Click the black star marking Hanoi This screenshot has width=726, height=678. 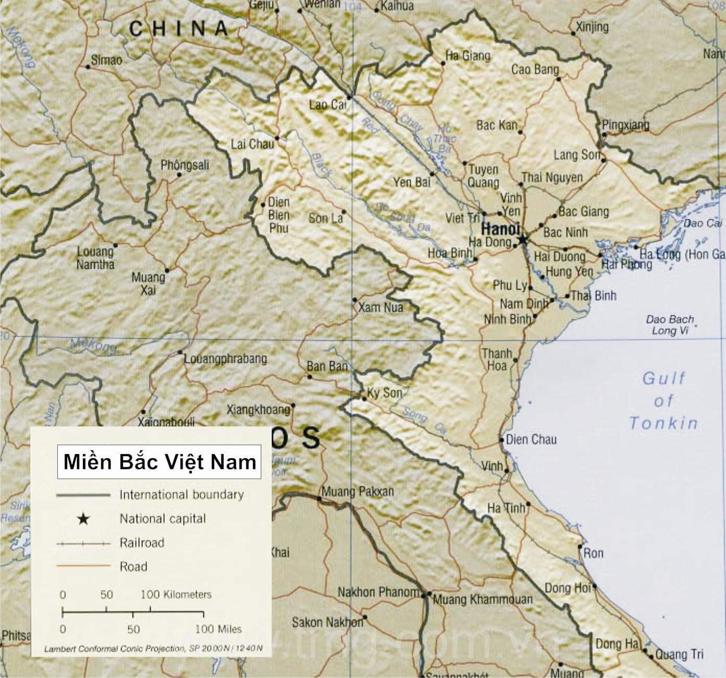[x=523, y=240]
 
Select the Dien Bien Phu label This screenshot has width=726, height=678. [x=279, y=215]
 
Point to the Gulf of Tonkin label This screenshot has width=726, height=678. [x=663, y=400]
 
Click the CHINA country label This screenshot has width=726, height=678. [x=178, y=28]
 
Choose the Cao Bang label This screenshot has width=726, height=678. [x=535, y=69]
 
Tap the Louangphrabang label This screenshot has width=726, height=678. [x=225, y=359]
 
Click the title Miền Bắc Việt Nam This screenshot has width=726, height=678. [x=160, y=462]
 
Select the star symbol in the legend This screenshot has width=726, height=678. [x=83, y=519]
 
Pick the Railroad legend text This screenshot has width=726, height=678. [x=142, y=543]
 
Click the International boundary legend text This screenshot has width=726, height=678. [x=181, y=494]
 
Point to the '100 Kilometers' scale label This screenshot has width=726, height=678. [x=176, y=594]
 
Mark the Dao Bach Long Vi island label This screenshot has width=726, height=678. [x=670, y=325]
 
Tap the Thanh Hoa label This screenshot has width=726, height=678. [x=496, y=360]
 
